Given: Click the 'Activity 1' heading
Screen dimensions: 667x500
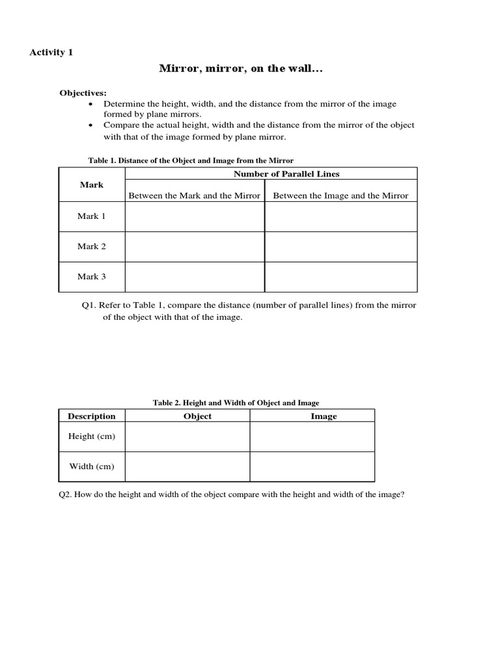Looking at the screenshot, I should coord(51,52).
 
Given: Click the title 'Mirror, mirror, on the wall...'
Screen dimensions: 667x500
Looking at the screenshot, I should coord(241,68).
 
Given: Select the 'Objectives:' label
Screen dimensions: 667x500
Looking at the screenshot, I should coord(83,93).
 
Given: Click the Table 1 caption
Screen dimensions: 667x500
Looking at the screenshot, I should coord(191,160).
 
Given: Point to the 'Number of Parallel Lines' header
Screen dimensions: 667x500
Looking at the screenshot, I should coord(286,174).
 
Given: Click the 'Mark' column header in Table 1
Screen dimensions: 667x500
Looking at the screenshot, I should coord(92,185).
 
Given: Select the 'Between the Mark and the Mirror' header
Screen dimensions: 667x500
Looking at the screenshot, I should coord(194,195).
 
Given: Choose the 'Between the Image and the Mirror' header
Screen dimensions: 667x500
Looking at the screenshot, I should coord(340,195).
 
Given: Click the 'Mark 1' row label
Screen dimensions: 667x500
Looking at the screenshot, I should coord(92,216).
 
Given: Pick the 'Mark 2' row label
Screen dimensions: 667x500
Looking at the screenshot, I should coord(92,246).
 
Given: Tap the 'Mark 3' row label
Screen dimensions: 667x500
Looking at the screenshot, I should coord(92,277).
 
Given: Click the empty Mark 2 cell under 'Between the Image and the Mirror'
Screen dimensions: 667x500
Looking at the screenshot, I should coord(340,247).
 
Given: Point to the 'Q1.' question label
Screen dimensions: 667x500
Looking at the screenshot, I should coord(89,305).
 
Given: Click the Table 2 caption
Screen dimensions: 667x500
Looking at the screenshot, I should coord(236,403).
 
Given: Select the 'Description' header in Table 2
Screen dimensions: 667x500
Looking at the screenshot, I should coord(92,416).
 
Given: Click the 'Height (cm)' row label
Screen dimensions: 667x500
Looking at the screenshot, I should coord(92,436).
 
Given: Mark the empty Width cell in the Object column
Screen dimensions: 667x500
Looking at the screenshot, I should coord(187,466).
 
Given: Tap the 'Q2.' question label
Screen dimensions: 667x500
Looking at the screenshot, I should coord(66,494).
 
